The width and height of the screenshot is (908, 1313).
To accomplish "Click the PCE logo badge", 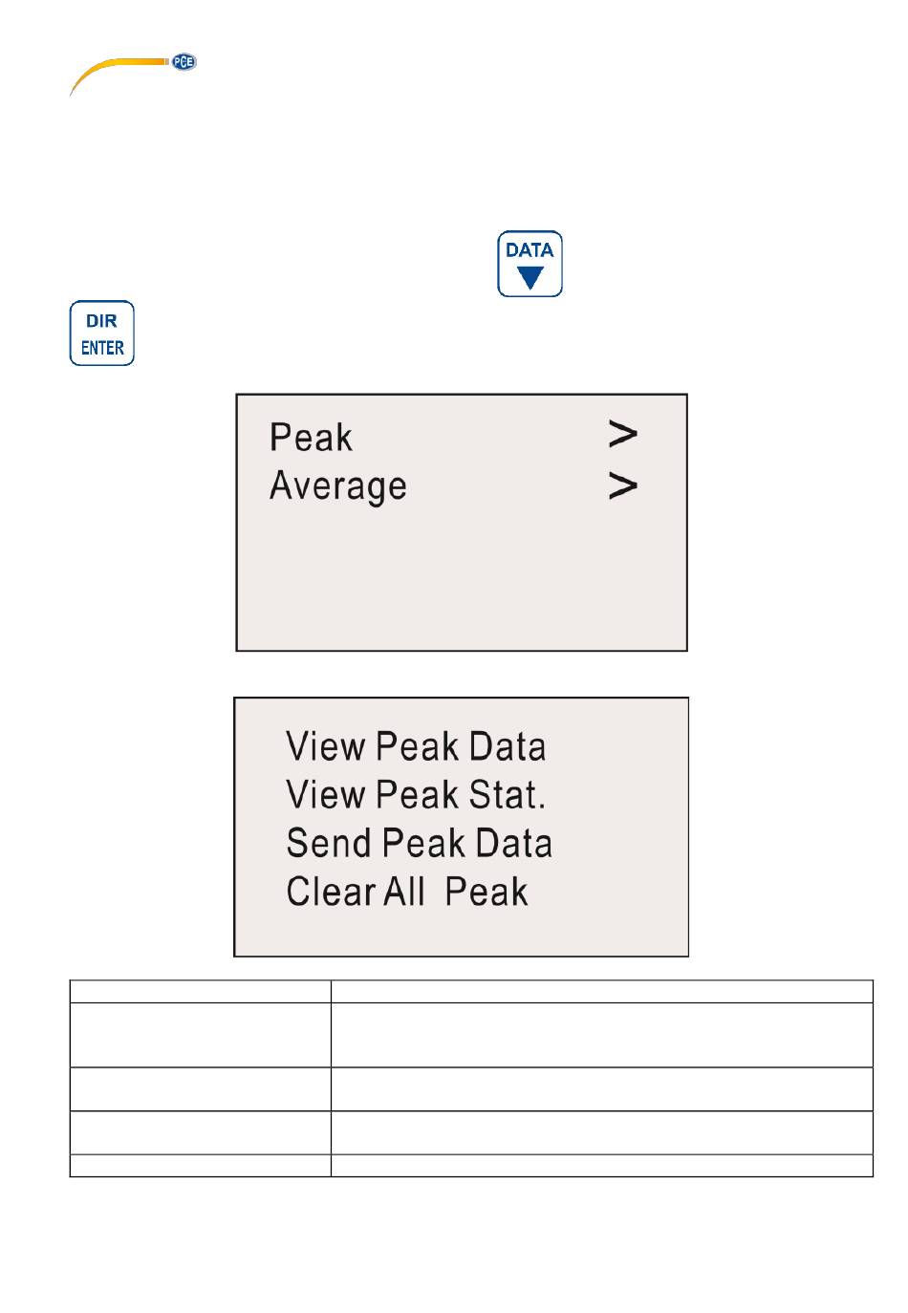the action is click(184, 62).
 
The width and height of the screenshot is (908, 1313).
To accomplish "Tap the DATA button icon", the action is click(530, 264).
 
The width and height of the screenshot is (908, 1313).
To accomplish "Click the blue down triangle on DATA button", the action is click(530, 277).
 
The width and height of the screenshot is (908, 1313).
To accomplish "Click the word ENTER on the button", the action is click(102, 348).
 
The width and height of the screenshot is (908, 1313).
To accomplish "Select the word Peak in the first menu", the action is click(311, 438).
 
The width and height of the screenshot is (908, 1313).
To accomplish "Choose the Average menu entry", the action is click(338, 486).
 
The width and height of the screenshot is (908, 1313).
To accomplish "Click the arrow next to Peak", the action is click(622, 434).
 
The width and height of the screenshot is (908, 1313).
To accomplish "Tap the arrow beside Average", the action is click(622, 486).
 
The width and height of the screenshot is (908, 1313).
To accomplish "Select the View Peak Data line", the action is click(416, 746).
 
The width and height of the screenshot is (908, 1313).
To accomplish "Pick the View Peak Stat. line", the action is click(416, 794).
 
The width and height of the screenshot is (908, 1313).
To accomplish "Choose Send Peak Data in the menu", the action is click(420, 843).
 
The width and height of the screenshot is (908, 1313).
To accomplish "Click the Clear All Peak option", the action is click(407, 892).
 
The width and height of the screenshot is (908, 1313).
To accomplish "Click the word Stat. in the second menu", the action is click(508, 794).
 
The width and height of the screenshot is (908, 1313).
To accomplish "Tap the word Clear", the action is click(331, 892).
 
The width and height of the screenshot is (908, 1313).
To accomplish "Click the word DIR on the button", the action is click(101, 321).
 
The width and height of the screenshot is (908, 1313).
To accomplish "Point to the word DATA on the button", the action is click(530, 250).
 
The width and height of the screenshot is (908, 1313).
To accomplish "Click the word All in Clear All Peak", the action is click(404, 892).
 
